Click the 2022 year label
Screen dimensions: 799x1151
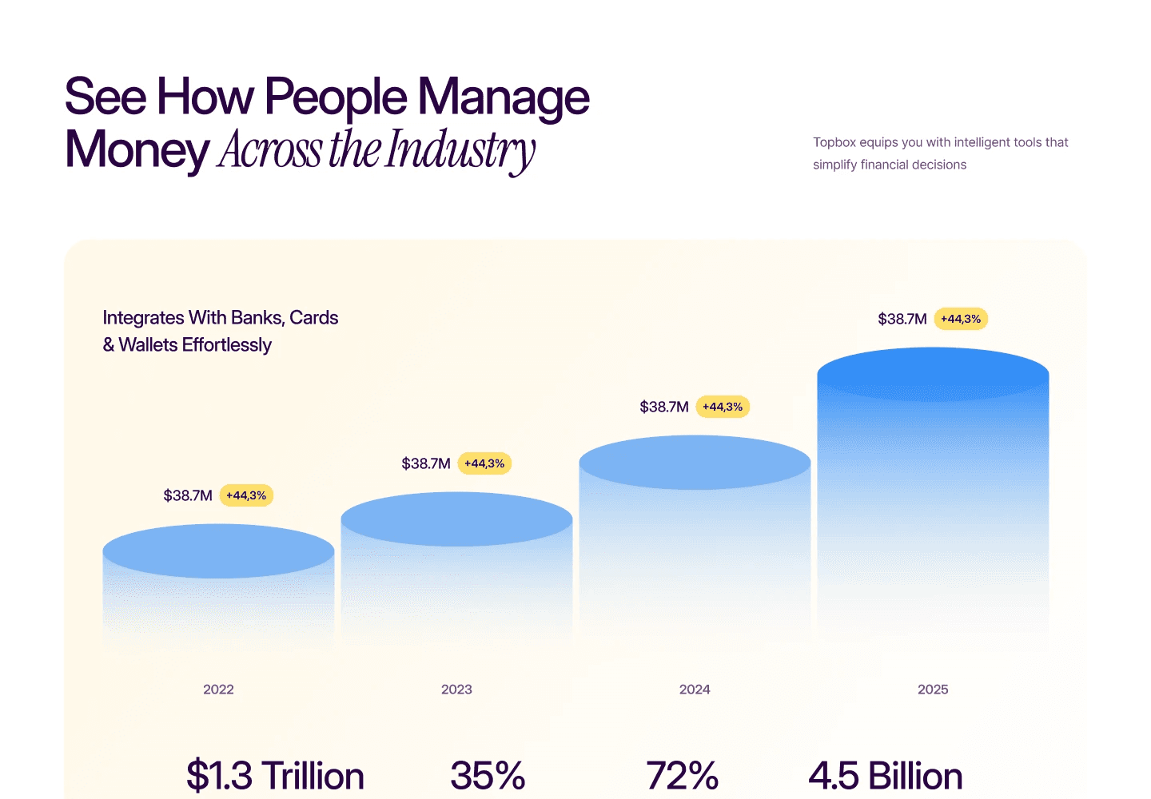coord(218,690)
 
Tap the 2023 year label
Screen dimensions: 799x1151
coord(456,690)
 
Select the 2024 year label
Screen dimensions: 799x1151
coord(695,690)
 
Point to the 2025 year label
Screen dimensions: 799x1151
coord(933,690)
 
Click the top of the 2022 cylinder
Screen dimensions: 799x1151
coord(218,551)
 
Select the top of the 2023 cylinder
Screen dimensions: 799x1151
coord(456,519)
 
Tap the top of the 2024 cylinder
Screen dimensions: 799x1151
coord(695,463)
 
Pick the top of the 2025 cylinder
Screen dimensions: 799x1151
coord(933,374)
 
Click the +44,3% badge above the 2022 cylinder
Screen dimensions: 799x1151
coord(246,495)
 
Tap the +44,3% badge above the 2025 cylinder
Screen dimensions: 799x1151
coord(961,319)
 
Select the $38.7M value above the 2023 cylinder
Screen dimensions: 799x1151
coord(426,463)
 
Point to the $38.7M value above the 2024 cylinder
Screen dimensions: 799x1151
coord(664,407)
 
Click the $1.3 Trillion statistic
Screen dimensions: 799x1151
coord(275,776)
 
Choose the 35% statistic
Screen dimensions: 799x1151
coord(488,776)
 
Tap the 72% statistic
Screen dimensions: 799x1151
coord(682,776)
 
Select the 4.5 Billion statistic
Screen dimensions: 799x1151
coord(886,776)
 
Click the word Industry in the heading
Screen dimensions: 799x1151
coord(460,150)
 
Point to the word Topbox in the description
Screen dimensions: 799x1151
coord(834,142)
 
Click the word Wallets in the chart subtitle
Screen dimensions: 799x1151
coord(148,345)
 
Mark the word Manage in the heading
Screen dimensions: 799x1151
coord(504,97)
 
